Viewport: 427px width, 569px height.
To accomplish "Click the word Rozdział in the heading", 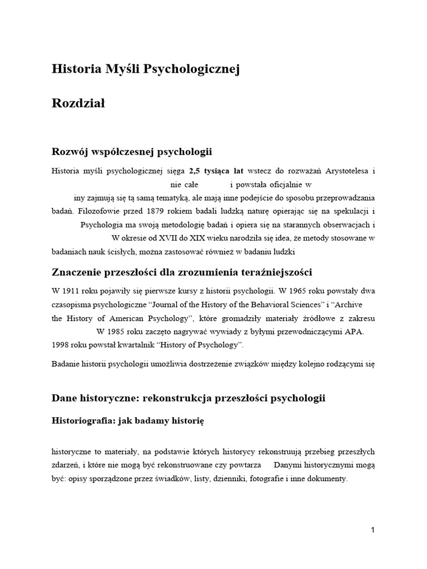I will tap(78, 103).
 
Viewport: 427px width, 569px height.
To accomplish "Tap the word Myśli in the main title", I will tap(122, 69).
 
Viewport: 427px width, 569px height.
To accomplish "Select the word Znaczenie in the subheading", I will tap(77, 272).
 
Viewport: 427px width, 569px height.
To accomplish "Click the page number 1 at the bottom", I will tap(373, 530).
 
